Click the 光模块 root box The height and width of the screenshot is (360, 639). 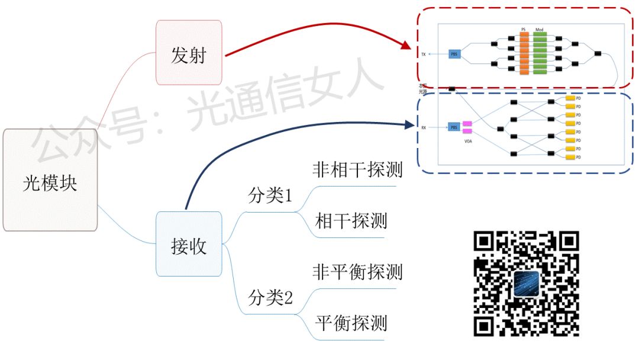50,180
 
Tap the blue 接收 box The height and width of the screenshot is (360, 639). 189,243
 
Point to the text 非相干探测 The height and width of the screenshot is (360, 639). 357,170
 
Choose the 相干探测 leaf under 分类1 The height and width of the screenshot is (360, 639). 351,221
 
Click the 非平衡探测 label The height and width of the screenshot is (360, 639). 357,272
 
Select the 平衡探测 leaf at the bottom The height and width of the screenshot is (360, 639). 351,323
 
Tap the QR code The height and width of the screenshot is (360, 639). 526,284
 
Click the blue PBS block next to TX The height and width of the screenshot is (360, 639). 454,54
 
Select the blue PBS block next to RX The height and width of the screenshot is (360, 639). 454,127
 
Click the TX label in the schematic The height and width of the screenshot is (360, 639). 424,54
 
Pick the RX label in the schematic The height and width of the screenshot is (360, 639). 424,127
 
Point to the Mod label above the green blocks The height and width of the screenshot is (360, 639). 539,30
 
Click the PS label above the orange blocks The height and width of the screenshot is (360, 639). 523,30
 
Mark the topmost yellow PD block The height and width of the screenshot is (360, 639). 570,98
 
